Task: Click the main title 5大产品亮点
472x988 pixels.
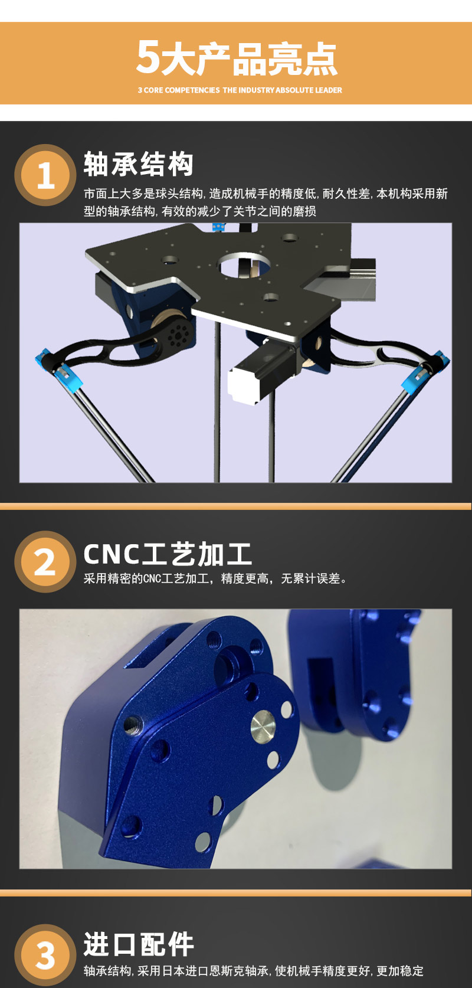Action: [x=237, y=58]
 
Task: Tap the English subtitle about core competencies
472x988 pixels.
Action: [x=240, y=90]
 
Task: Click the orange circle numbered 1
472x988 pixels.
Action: [x=45, y=175]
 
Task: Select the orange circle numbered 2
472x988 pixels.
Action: [x=45, y=561]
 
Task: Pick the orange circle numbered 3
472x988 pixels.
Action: [x=45, y=955]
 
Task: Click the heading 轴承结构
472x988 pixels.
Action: [x=139, y=163]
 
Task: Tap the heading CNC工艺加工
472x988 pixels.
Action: [x=168, y=554]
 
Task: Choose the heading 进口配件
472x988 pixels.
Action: [x=139, y=944]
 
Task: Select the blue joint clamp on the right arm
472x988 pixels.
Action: [x=425, y=368]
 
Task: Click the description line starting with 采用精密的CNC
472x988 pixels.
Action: [x=215, y=578]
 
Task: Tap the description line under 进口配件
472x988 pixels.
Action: [x=253, y=971]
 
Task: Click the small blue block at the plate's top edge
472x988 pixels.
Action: [x=218, y=227]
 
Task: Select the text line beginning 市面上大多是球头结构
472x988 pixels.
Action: [x=265, y=194]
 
